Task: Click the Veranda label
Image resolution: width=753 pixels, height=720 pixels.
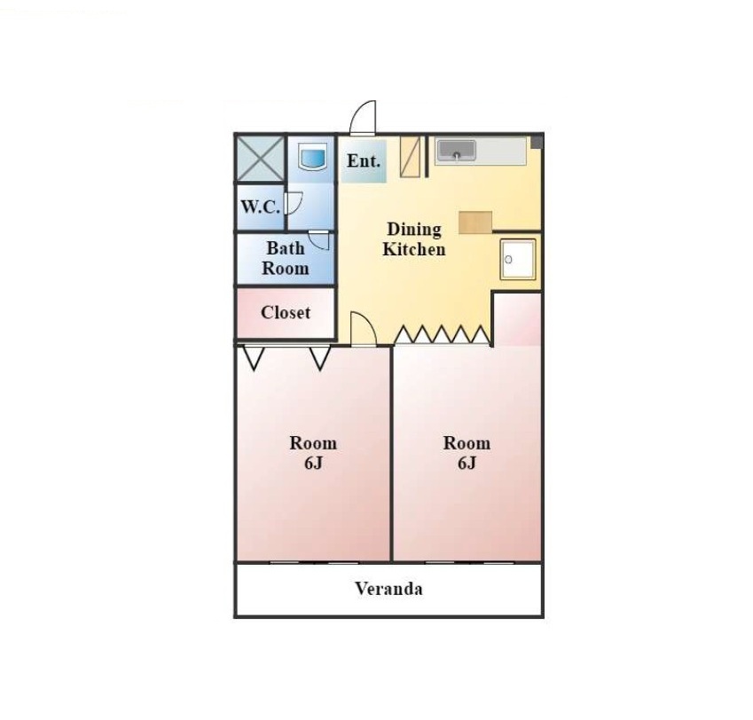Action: tap(389, 589)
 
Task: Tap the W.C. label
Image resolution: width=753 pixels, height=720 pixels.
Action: tap(260, 207)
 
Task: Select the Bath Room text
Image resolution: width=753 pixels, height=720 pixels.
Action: tap(286, 258)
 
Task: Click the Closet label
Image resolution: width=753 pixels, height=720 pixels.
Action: tap(286, 312)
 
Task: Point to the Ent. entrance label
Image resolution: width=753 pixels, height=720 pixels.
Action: tap(364, 160)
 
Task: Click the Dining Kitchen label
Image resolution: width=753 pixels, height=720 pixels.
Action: tap(413, 239)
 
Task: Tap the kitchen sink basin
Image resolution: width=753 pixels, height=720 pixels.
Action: tap(456, 150)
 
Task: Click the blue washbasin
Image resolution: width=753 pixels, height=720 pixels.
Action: tap(311, 158)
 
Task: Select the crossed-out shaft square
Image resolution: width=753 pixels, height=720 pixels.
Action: tap(260, 159)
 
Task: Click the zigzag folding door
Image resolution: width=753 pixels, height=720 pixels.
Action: tap(442, 334)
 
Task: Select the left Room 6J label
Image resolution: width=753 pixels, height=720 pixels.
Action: tap(312, 452)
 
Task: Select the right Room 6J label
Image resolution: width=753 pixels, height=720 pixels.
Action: tap(467, 452)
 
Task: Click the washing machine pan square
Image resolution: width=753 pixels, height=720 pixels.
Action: tap(518, 259)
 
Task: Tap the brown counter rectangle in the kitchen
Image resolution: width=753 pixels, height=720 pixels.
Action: tap(475, 223)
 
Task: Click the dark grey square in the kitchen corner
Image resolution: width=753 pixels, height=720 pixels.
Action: tap(536, 142)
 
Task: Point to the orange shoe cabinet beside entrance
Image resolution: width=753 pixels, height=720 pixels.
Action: tap(410, 156)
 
